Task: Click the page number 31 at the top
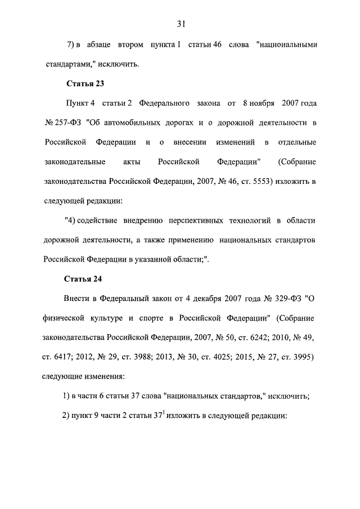coord(181,24)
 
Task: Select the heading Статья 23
coord(85,84)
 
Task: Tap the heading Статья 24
coord(85,278)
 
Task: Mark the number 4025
coord(233,357)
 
